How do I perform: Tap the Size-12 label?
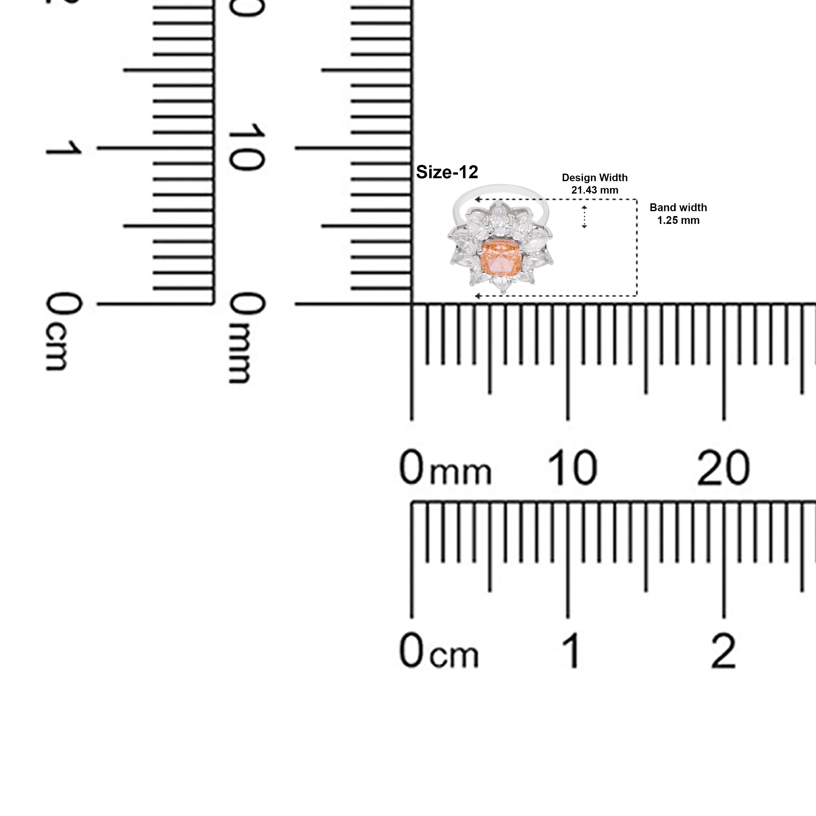point(447,172)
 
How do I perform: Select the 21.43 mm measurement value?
point(595,190)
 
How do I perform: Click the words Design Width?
point(595,178)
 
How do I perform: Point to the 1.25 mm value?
point(678,220)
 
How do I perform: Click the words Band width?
point(678,207)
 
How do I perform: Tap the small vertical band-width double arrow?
point(585,217)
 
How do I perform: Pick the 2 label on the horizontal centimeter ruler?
point(724,651)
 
